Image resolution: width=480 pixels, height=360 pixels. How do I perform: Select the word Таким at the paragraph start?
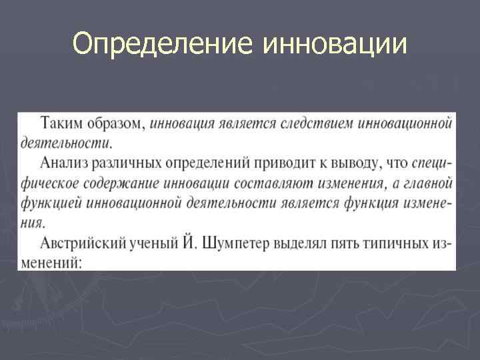[59, 123]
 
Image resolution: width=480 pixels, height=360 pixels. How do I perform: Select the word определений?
[199, 162]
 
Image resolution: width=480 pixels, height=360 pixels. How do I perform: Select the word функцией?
[48, 202]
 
